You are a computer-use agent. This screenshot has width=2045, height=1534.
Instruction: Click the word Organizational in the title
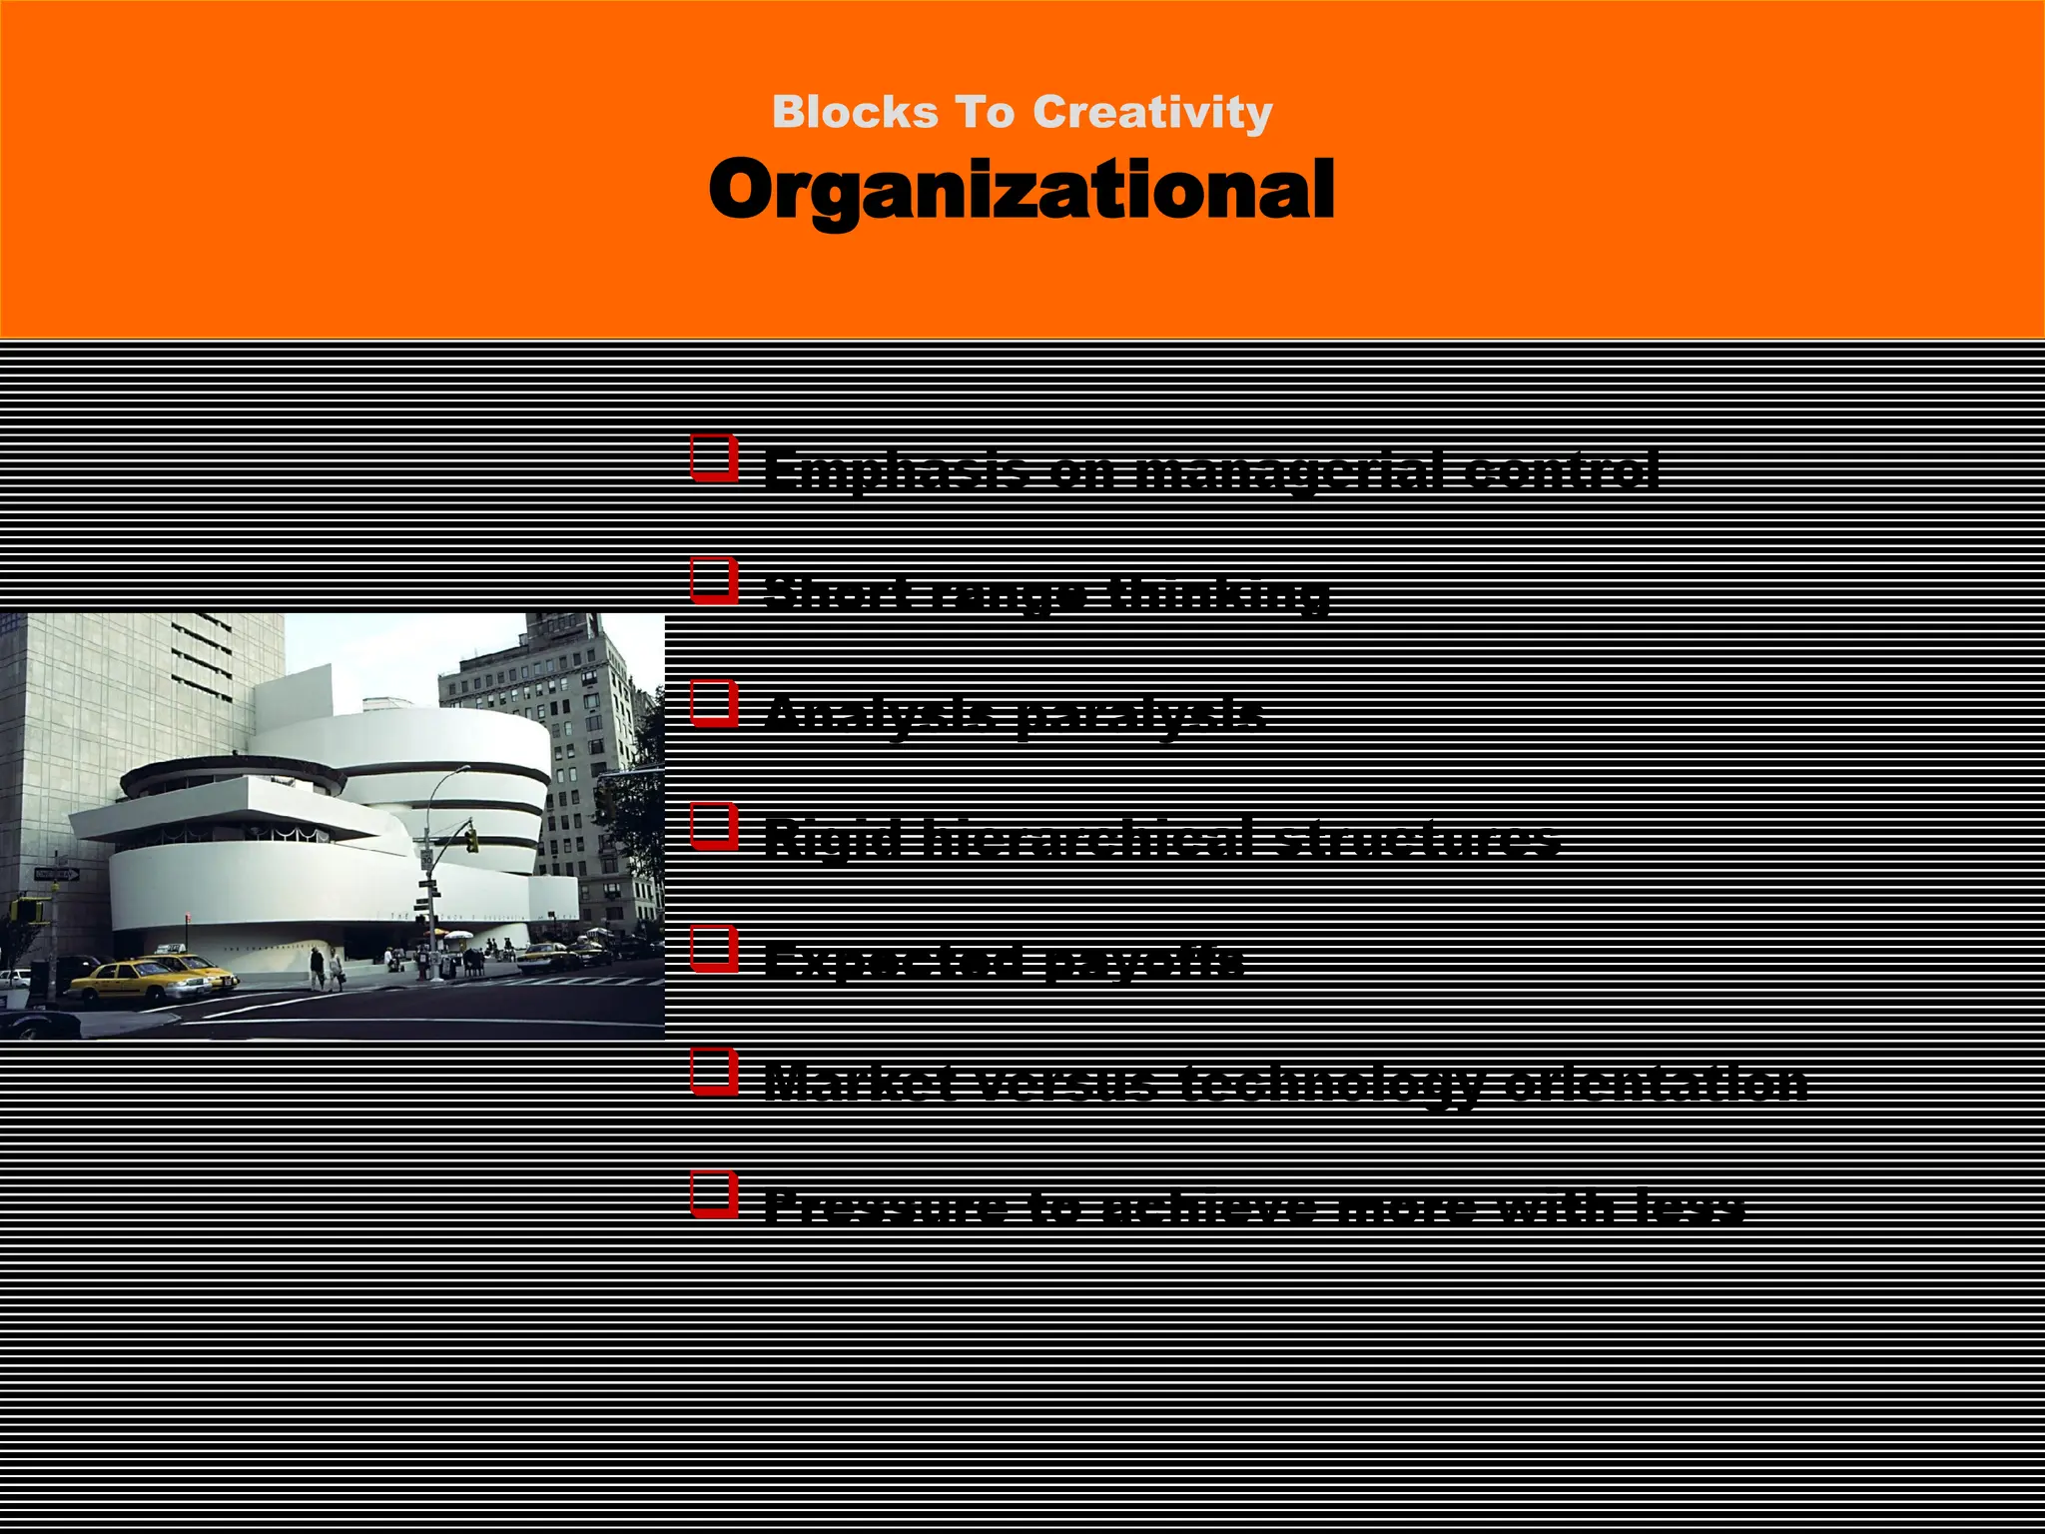[1022, 190]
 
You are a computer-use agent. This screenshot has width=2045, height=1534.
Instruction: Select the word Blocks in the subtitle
[855, 112]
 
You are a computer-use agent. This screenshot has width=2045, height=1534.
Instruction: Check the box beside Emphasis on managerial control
[714, 457]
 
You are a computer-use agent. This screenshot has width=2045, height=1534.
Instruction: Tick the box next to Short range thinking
[714, 581]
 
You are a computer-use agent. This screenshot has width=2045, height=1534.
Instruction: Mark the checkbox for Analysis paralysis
[714, 704]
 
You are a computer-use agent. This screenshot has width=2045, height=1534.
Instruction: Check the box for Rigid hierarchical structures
[714, 827]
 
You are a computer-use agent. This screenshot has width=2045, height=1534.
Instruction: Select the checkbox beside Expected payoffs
[714, 950]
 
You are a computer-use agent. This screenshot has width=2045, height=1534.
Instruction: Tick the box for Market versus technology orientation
[714, 1073]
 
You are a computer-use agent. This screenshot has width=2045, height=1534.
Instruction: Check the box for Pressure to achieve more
[714, 1195]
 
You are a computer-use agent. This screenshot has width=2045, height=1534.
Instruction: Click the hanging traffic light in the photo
[471, 839]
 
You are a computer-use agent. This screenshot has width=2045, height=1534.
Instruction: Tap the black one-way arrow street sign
[56, 875]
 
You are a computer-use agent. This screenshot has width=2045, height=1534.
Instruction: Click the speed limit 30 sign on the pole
[427, 858]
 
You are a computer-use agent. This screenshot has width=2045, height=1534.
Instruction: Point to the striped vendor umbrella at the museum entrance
[458, 936]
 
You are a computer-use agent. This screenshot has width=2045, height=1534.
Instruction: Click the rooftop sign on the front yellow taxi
[172, 948]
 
